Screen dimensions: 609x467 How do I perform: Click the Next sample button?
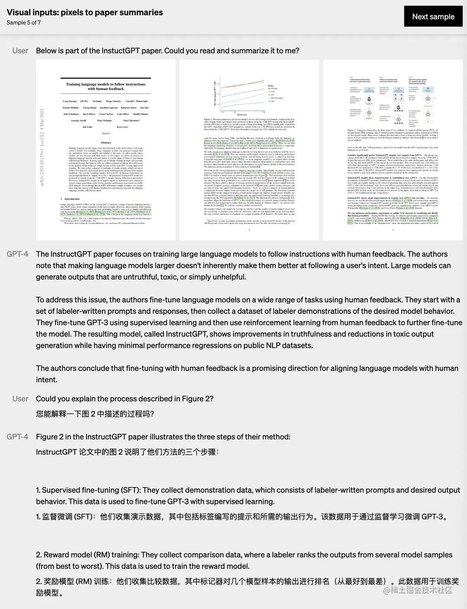coord(433,17)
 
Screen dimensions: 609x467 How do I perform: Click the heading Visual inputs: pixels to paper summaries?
coord(85,13)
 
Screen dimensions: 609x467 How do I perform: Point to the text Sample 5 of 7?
coord(24,22)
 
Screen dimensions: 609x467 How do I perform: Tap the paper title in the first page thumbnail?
coord(106,86)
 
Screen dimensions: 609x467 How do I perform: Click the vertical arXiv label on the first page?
coord(42,147)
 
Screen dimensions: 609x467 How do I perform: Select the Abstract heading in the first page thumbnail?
coord(106,143)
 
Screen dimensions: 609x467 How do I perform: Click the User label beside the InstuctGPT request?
coord(20,51)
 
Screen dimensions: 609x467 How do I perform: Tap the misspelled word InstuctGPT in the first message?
coord(121,51)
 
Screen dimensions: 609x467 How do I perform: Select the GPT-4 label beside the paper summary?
coord(17,254)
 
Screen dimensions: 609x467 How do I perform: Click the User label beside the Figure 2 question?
coord(20,399)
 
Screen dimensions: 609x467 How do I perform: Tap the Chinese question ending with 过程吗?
coord(95,414)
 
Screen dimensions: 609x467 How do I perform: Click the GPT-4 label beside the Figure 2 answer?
coord(17,437)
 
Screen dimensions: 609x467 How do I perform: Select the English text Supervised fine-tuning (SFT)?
coord(91,490)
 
